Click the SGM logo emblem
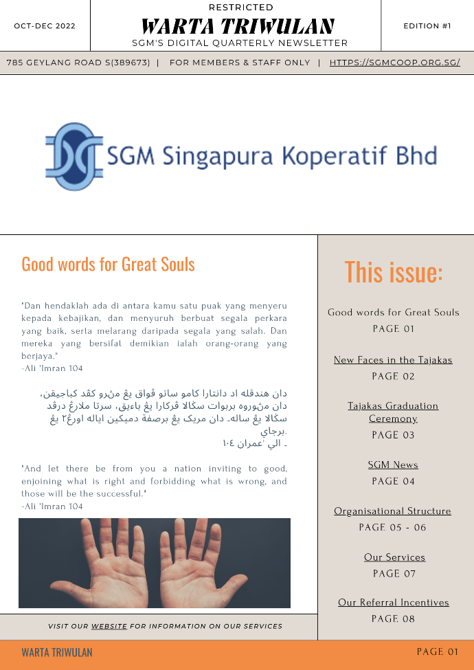tap(74, 156)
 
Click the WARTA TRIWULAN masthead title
tap(238, 27)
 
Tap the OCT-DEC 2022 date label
tap(45, 26)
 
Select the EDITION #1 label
tap(427, 26)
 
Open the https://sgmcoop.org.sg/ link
tap(394, 63)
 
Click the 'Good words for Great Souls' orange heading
tap(108, 265)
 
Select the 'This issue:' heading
tap(393, 272)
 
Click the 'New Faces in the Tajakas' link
tap(393, 360)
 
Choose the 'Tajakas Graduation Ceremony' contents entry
tap(393, 412)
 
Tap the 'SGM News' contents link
tap(393, 465)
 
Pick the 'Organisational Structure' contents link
tap(393, 511)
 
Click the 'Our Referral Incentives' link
tap(394, 603)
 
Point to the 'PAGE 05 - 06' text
tap(393, 528)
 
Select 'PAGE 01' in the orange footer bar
tap(437, 651)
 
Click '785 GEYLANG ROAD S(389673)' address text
tap(78, 63)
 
